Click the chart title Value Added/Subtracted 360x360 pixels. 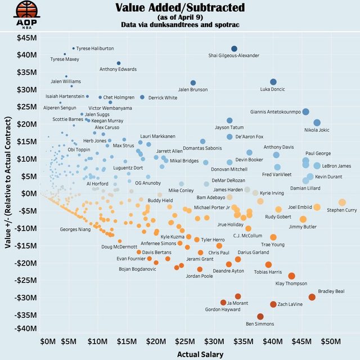point(180,8)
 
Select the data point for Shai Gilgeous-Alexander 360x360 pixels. point(235,49)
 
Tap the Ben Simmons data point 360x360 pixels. point(260,317)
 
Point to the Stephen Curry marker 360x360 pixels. point(342,202)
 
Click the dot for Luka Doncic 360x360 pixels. point(273,82)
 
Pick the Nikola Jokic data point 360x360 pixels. point(317,123)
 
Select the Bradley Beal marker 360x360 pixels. point(312,297)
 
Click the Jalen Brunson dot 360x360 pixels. point(193,83)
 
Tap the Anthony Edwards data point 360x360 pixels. point(119,64)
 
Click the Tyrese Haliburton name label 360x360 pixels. point(95,48)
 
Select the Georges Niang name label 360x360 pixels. point(75,229)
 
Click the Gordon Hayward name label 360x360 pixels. point(224,309)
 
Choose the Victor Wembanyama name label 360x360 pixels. point(110,108)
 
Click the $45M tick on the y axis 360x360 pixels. point(26,38)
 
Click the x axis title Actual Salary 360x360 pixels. point(200,354)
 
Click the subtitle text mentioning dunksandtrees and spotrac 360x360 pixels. point(180,25)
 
